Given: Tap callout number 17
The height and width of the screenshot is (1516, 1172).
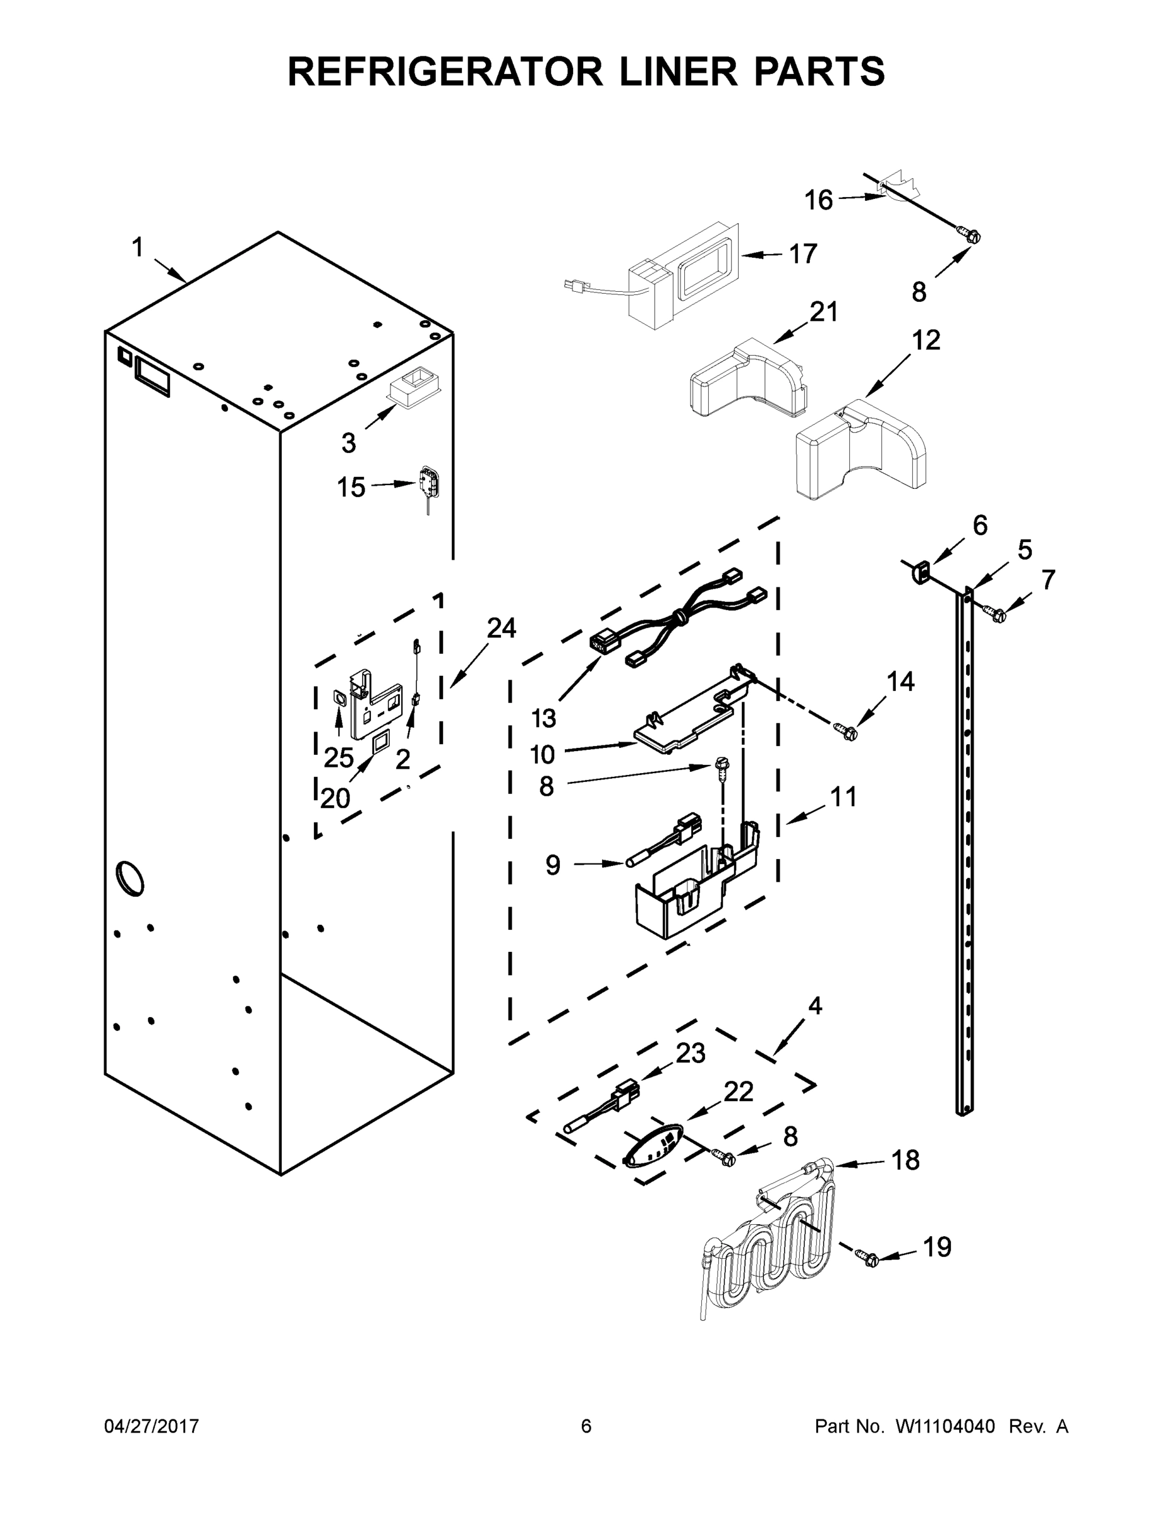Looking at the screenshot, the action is [x=802, y=254].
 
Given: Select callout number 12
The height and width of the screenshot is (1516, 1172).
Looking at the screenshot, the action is [x=926, y=340].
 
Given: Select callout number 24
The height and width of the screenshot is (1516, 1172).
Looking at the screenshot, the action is [x=500, y=629].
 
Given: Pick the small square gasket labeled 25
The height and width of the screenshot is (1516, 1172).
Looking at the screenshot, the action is [x=339, y=697].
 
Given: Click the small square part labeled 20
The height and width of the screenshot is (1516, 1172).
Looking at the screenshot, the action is [x=380, y=744].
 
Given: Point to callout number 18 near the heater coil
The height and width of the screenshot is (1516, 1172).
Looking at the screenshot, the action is [x=905, y=1160].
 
